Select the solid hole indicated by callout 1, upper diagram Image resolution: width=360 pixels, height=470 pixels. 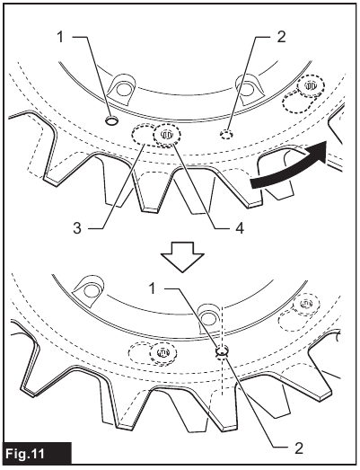click(x=110, y=120)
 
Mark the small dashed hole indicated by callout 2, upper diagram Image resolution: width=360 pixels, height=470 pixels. click(x=227, y=135)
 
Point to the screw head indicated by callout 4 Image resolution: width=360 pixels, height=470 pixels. click(x=167, y=136)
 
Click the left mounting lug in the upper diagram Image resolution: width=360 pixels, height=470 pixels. click(x=118, y=85)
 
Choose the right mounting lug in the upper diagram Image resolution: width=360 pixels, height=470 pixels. click(x=244, y=85)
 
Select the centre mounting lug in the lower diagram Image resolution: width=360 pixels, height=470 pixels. click(x=208, y=316)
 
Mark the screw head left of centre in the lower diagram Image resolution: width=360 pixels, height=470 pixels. click(x=162, y=352)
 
